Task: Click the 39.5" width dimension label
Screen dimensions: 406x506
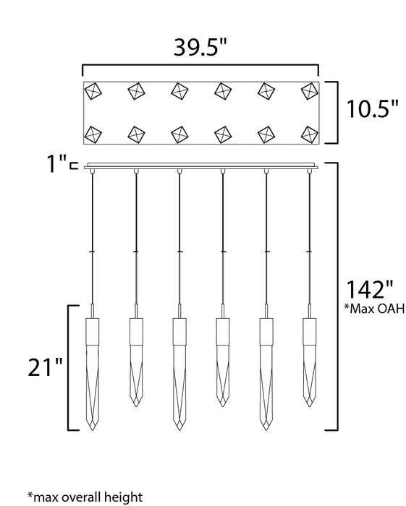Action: pos(200,48)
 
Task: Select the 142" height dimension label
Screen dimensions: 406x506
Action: pos(370,289)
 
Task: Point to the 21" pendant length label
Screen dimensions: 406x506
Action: pos(45,367)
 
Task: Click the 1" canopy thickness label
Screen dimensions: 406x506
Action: pos(57,163)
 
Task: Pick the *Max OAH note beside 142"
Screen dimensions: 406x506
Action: pos(374,309)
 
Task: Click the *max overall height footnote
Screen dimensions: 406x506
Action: pos(85,497)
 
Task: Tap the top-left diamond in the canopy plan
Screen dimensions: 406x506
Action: pos(93,91)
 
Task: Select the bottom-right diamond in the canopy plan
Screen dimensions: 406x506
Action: pos(310,134)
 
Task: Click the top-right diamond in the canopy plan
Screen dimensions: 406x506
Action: pos(310,91)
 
